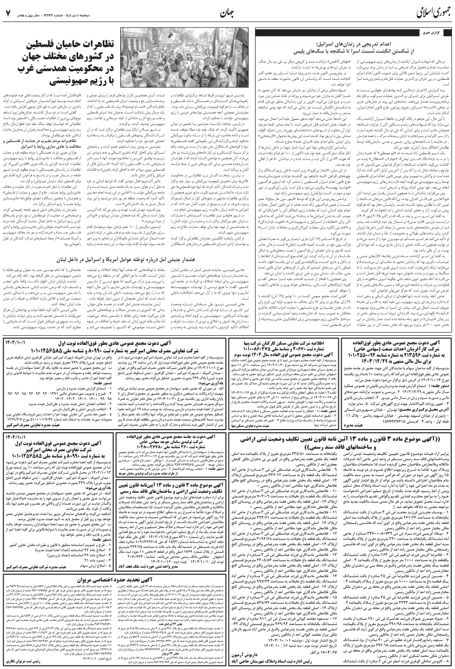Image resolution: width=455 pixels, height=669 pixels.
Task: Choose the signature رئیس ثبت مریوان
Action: pyautogui.click(x=31, y=659)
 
